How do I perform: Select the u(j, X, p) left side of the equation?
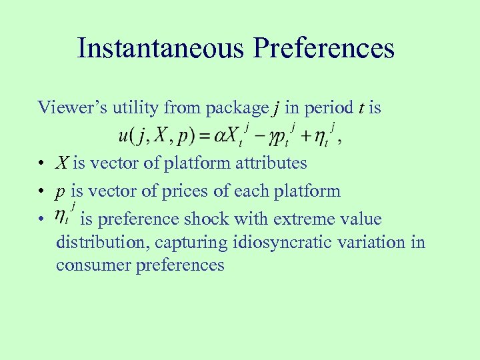coord(158,136)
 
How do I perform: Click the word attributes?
coord(267,163)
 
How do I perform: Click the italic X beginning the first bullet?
coord(63,163)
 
